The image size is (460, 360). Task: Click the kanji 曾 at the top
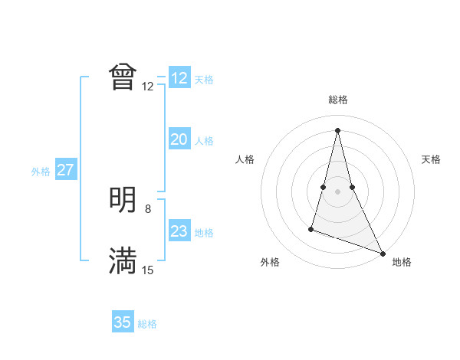tap(123, 77)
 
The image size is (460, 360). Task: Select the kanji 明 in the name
tap(123, 200)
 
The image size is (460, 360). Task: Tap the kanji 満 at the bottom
tap(123, 261)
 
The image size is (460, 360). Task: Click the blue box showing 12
tap(179, 78)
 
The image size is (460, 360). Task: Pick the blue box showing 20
tap(179, 139)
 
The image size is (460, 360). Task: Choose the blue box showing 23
tap(179, 231)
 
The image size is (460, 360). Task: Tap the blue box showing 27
tap(65, 170)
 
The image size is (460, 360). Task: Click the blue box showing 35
tap(123, 322)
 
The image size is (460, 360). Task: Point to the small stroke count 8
tap(148, 208)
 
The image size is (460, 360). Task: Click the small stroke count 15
tap(148, 270)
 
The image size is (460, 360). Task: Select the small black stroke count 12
tap(148, 86)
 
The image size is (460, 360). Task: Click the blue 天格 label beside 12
tap(204, 80)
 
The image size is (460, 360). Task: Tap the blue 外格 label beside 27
tap(41, 172)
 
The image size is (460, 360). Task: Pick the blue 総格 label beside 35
tap(147, 324)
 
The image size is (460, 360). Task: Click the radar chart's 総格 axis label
tap(338, 100)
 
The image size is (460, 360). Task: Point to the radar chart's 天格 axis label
tap(431, 159)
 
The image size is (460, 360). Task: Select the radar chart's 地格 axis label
tap(402, 263)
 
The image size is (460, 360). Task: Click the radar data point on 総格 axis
tap(338, 129)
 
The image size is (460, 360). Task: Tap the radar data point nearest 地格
tap(383, 254)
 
